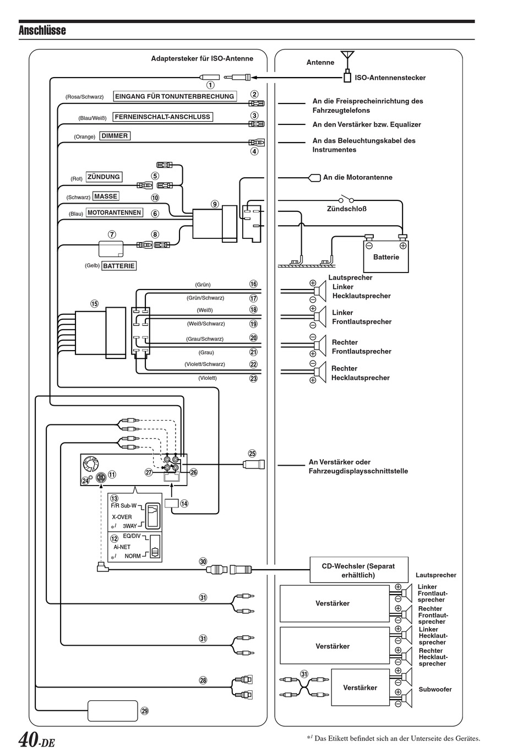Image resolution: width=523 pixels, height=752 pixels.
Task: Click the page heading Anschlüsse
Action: [42, 30]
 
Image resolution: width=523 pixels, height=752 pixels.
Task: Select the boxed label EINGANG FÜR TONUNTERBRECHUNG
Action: [175, 96]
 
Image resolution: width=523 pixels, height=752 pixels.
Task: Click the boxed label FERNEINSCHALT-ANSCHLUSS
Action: [162, 117]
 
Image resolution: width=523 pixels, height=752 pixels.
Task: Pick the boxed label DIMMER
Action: [115, 135]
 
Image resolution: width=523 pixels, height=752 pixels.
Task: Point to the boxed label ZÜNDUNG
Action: [103, 177]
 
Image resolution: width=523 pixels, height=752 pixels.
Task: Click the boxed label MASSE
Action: [106, 197]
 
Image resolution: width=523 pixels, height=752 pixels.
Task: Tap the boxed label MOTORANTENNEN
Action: [114, 212]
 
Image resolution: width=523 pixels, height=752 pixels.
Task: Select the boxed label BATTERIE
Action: [119, 266]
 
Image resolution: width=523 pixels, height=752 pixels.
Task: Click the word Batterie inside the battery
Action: [386, 257]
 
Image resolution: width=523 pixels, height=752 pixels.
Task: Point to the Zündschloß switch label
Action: [347, 209]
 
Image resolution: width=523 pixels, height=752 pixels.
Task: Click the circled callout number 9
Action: [215, 204]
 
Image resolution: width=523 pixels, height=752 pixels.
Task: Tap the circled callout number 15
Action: [94, 304]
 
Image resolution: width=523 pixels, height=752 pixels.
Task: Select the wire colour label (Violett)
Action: [208, 378]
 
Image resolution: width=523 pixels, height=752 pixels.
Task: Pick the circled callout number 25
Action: [252, 454]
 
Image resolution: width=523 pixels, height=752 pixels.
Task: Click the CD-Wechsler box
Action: [359, 570]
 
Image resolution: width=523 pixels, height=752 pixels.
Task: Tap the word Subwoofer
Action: [435, 689]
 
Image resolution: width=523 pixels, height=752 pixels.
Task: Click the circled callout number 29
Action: [145, 711]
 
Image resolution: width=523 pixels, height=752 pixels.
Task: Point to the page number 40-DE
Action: [36, 739]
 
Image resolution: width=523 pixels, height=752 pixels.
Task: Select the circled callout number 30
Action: [203, 562]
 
